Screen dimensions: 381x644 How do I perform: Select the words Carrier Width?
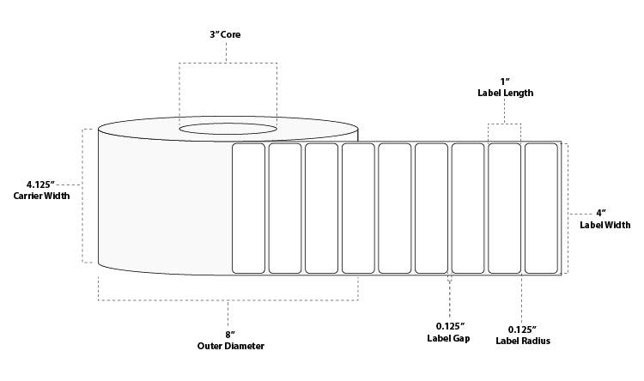pyautogui.click(x=42, y=196)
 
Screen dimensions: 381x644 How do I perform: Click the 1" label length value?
pyautogui.click(x=504, y=81)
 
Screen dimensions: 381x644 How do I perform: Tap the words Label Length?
pyautogui.click(x=505, y=93)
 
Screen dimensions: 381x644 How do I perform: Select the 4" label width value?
pyautogui.click(x=602, y=212)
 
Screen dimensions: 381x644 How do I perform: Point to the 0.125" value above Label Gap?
pyautogui.click(x=450, y=326)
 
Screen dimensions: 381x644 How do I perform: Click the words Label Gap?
pyautogui.click(x=450, y=339)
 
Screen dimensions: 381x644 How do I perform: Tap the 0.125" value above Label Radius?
pyautogui.click(x=522, y=329)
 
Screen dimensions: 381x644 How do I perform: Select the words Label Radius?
pyautogui.click(x=522, y=341)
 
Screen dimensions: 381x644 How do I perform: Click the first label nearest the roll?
pyautogui.click(x=248, y=208)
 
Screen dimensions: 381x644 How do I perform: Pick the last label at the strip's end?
pyautogui.click(x=541, y=208)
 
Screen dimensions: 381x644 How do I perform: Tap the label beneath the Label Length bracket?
pyautogui.click(x=504, y=208)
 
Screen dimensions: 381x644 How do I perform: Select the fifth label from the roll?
pyautogui.click(x=395, y=208)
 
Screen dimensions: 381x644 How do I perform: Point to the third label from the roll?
pyautogui.click(x=321, y=208)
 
